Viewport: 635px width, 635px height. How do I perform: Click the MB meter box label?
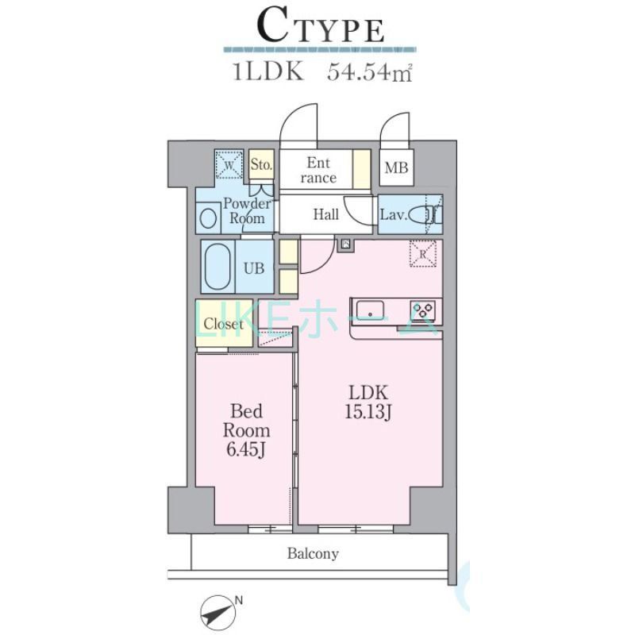pyautogui.click(x=396, y=167)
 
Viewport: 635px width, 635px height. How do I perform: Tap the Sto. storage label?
pyautogui.click(x=261, y=164)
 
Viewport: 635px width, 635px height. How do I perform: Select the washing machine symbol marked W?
pyautogui.click(x=229, y=164)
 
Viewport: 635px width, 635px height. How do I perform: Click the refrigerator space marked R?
pyautogui.click(x=423, y=254)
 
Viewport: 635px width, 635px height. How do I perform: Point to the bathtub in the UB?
pyautogui.click(x=217, y=267)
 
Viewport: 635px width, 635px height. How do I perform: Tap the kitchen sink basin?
pyautogui.click(x=370, y=310)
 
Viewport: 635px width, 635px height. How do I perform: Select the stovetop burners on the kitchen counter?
pyautogui.click(x=423, y=310)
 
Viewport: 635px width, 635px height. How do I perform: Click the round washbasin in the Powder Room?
pyautogui.click(x=208, y=218)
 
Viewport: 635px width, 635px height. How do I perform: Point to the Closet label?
pyautogui.click(x=224, y=324)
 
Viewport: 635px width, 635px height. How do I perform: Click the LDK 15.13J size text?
pyautogui.click(x=368, y=402)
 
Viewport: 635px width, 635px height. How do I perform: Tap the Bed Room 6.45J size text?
pyautogui.click(x=246, y=430)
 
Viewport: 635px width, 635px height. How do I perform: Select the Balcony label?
pyautogui.click(x=313, y=553)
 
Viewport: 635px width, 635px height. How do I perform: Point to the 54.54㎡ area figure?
pyautogui.click(x=370, y=72)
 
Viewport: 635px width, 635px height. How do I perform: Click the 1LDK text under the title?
pyautogui.click(x=267, y=72)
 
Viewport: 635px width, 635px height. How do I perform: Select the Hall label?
pyautogui.click(x=326, y=214)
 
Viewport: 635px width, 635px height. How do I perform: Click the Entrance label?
pyautogui.click(x=318, y=170)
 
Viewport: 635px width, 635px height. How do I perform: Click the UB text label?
pyautogui.click(x=254, y=268)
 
